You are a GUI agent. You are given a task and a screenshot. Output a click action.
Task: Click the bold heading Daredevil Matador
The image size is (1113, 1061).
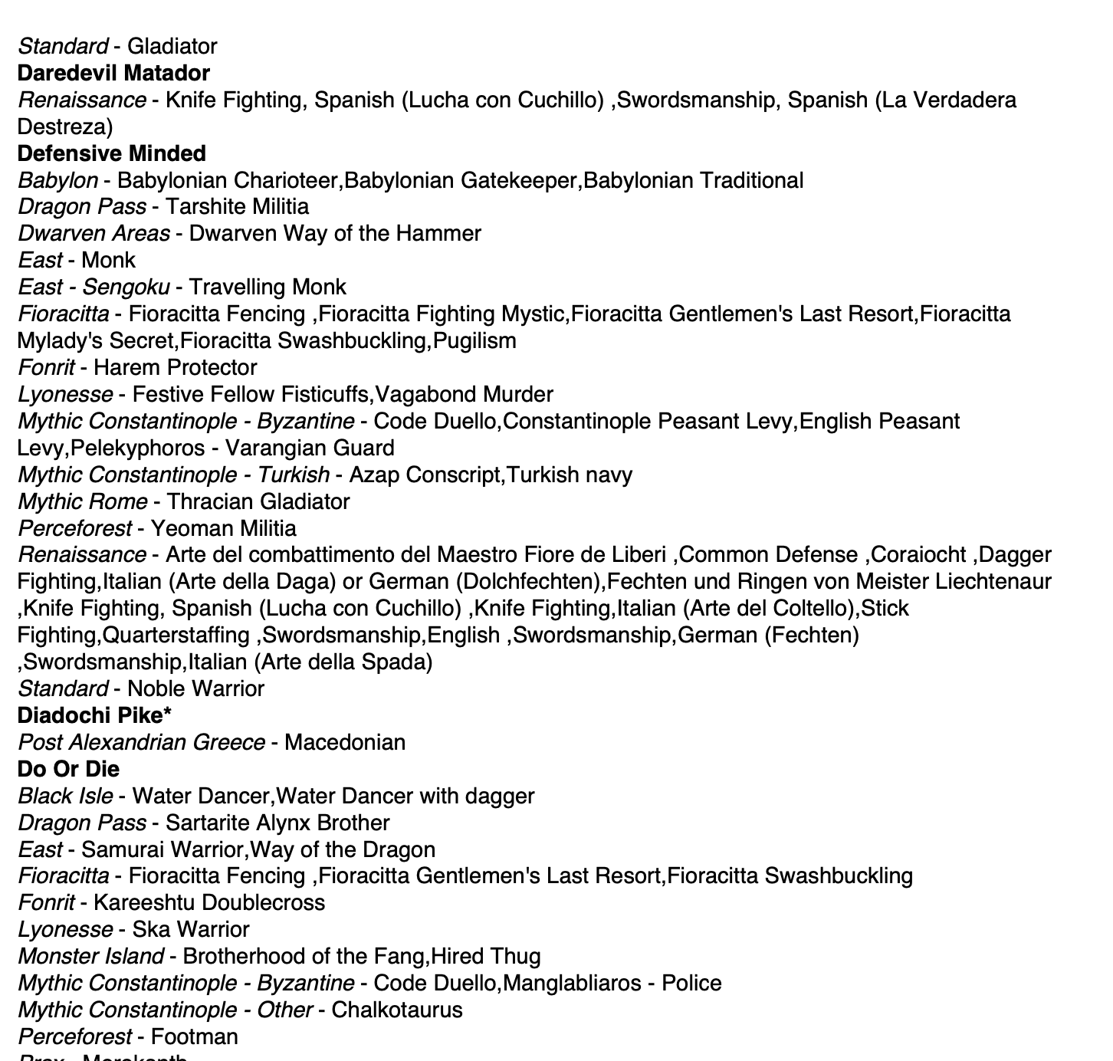[113, 74]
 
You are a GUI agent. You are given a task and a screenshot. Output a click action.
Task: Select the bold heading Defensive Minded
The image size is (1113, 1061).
[111, 153]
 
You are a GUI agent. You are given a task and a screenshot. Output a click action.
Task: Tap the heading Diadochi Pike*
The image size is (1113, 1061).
[94, 715]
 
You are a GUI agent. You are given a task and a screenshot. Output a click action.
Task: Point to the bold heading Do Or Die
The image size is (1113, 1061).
[68, 769]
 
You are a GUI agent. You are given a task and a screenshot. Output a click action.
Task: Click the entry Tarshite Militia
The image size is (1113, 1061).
[237, 207]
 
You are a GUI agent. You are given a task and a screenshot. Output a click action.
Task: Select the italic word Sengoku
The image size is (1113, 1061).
[126, 287]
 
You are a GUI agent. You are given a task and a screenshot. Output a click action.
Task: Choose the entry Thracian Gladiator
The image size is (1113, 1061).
[258, 501]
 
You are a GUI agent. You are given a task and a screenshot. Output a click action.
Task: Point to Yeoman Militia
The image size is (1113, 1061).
[223, 528]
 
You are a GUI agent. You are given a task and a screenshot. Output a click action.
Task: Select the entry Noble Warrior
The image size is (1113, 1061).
[195, 688]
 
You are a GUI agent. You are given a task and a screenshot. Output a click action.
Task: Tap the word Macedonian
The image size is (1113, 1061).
[344, 742]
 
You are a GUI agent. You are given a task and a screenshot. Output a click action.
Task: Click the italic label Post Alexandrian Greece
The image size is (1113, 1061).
[141, 742]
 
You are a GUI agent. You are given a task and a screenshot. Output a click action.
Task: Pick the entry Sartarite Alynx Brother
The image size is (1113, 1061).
[277, 823]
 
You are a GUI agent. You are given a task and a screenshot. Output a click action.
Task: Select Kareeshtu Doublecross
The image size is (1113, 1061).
[209, 902]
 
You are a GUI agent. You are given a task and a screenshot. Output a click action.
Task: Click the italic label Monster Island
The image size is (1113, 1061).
[90, 956]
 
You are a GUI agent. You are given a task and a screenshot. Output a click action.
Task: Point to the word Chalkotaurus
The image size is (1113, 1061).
[397, 1010]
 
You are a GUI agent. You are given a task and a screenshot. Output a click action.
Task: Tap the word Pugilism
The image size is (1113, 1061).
[474, 340]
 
